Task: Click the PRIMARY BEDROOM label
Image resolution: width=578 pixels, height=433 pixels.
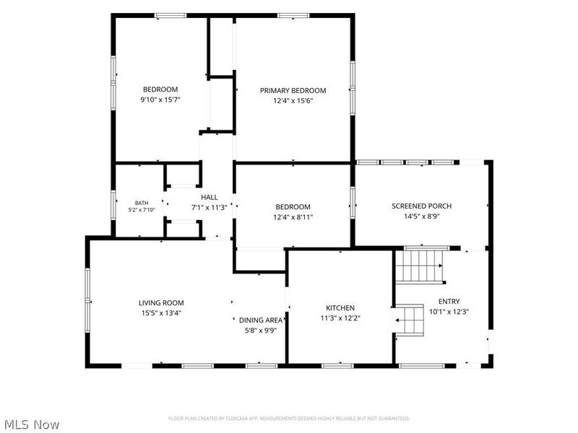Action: tap(293, 91)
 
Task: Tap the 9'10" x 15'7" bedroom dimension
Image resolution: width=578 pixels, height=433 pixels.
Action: tap(160, 100)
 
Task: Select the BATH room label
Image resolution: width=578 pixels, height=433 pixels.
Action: tap(142, 203)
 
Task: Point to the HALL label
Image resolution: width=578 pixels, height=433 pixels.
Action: tap(210, 197)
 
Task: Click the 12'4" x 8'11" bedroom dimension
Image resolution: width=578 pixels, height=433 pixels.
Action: tap(293, 217)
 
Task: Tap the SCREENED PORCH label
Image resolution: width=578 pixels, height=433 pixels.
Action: tap(422, 206)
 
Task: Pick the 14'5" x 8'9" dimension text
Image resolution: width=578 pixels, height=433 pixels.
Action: tap(422, 216)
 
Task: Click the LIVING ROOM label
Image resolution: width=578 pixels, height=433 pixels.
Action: tap(161, 303)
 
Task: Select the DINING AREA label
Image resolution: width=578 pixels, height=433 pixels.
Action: tap(261, 320)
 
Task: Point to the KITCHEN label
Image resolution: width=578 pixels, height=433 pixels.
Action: tap(340, 308)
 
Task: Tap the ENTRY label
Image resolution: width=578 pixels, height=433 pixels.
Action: tap(449, 301)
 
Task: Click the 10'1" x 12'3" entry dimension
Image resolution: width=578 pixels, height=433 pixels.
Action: tap(449, 312)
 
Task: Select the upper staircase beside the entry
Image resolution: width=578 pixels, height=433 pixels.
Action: tap(420, 266)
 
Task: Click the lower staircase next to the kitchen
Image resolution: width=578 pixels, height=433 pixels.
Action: tap(410, 320)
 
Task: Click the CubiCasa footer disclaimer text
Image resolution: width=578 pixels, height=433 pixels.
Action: tap(289, 419)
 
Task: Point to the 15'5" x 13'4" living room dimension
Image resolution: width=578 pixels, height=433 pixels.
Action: tap(161, 313)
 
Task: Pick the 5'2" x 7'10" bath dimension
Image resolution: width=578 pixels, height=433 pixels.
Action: tap(142, 210)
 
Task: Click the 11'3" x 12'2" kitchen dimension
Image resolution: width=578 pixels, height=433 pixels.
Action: tap(340, 318)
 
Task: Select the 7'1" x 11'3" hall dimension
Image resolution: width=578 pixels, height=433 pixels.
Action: tap(210, 208)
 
